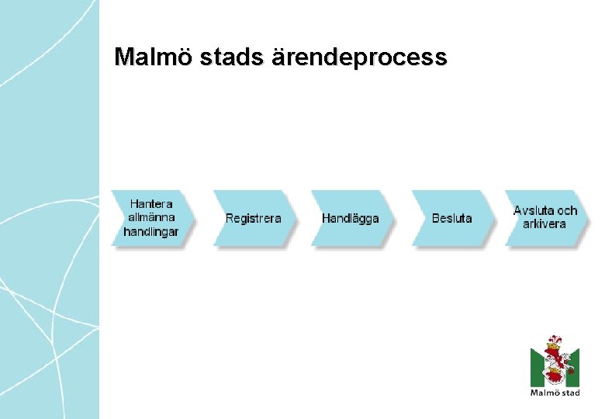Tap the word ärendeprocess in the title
click(x=360, y=57)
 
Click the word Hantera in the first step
click(x=150, y=203)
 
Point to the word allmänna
click(x=150, y=217)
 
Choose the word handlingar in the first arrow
click(x=150, y=231)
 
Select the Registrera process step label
click(x=253, y=218)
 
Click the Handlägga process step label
click(x=351, y=218)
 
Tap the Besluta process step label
click(x=451, y=218)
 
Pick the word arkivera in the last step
click(x=544, y=224)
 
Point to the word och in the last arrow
click(x=568, y=210)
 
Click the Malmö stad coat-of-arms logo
click(x=555, y=362)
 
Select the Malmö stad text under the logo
click(x=555, y=393)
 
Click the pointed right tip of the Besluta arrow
click(x=493, y=218)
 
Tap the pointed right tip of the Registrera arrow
click(x=295, y=218)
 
